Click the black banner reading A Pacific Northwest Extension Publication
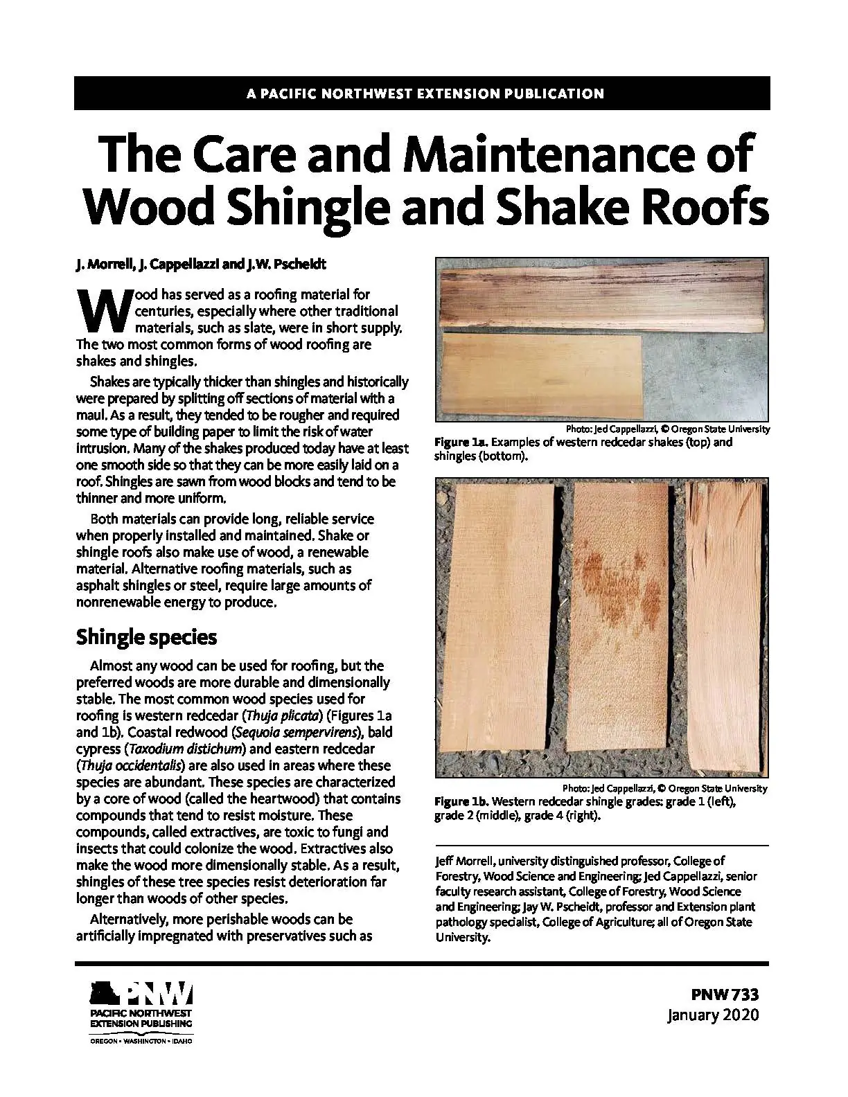[x=423, y=93]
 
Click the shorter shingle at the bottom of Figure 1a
[x=540, y=373]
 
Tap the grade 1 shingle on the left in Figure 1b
[x=498, y=627]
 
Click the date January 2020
[x=713, y=1015]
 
